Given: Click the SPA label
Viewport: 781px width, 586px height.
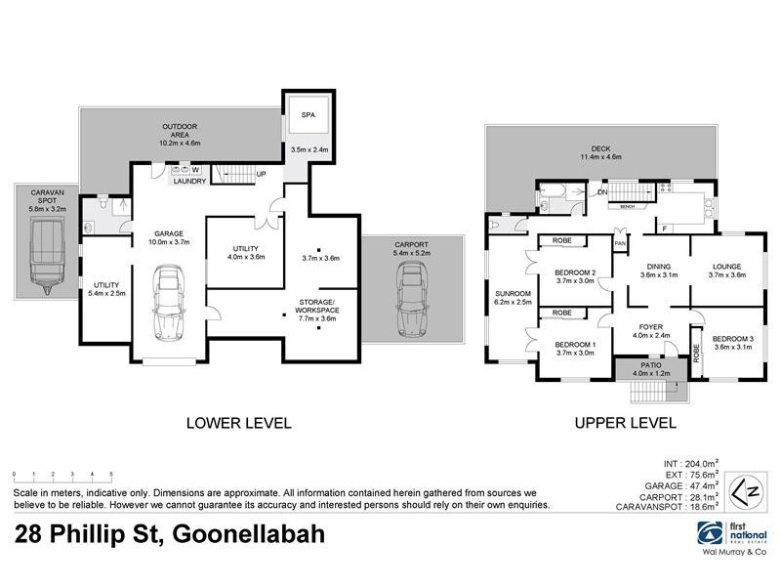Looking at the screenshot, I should click(x=308, y=114).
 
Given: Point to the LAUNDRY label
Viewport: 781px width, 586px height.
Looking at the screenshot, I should click(x=187, y=181).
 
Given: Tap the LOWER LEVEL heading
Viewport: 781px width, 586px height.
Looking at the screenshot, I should click(x=239, y=423).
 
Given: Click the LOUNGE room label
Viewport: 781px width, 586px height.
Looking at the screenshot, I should click(x=725, y=266).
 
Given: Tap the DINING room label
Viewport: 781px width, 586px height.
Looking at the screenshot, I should click(x=655, y=266).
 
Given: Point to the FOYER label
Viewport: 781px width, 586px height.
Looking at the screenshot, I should click(x=650, y=327).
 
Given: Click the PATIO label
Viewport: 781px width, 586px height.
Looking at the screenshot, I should click(x=650, y=364).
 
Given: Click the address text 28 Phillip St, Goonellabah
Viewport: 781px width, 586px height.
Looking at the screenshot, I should click(x=170, y=535).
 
